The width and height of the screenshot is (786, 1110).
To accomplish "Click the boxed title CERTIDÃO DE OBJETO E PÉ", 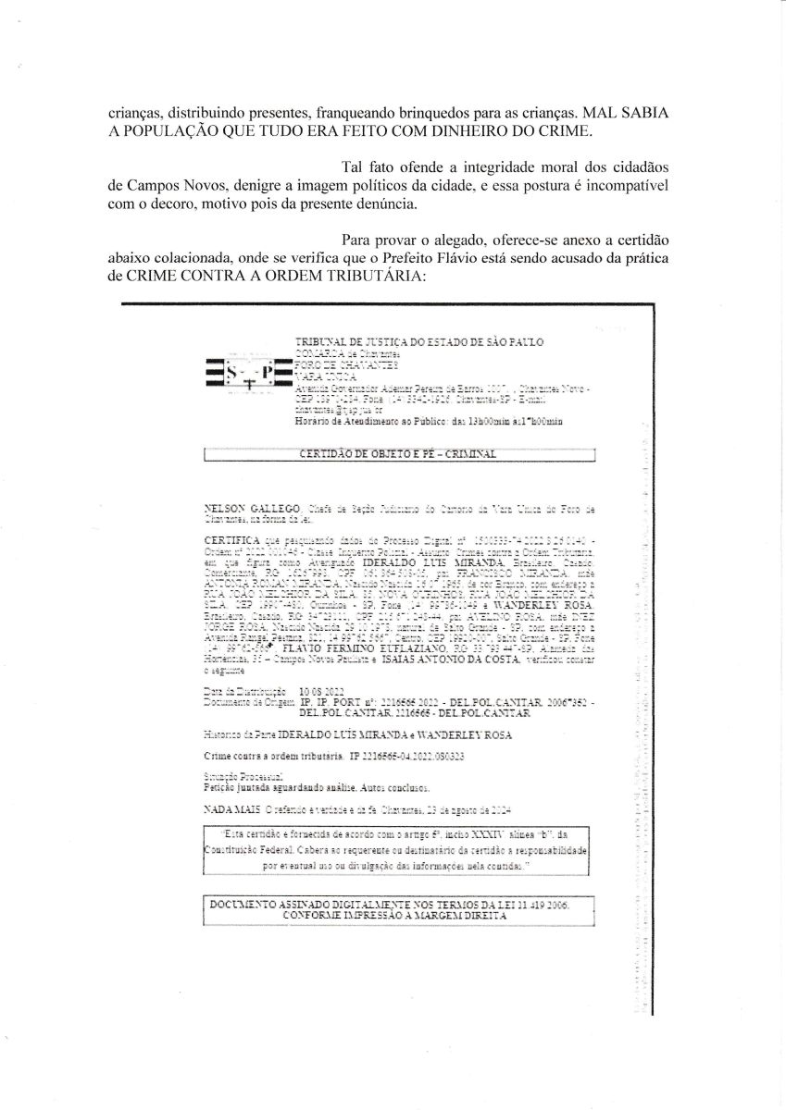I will [x=398, y=454].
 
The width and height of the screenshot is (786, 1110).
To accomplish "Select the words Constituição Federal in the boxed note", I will [x=243, y=849].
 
